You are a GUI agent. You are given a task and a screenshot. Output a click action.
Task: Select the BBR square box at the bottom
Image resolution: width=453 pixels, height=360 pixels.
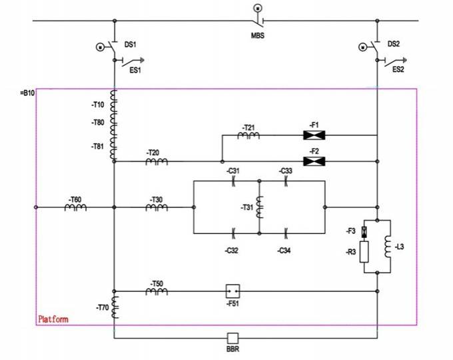click(x=232, y=338)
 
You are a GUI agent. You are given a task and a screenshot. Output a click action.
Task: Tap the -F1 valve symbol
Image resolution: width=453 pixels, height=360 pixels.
click(x=313, y=135)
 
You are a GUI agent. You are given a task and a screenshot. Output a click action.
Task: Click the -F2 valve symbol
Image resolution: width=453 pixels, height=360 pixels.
click(x=313, y=161)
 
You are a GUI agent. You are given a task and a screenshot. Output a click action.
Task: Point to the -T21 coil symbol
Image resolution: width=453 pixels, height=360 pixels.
click(x=248, y=136)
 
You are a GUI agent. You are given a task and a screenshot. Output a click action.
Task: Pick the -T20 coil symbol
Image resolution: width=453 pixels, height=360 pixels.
click(x=157, y=161)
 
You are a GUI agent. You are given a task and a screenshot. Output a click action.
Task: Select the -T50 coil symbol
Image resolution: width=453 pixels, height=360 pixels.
click(x=157, y=291)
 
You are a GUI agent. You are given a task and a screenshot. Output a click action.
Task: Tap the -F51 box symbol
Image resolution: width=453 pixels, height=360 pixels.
click(x=232, y=291)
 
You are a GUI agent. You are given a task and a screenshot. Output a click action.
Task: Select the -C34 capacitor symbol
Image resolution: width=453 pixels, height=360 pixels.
click(x=285, y=233)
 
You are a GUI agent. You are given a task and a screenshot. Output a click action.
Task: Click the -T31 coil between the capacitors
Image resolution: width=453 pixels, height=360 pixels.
click(x=260, y=207)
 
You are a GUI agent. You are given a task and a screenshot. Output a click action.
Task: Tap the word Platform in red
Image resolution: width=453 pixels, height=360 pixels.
click(x=53, y=319)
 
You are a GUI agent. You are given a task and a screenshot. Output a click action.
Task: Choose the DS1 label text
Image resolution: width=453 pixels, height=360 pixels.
click(x=131, y=45)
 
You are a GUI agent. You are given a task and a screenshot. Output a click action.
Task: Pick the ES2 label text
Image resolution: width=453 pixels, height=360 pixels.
click(x=398, y=69)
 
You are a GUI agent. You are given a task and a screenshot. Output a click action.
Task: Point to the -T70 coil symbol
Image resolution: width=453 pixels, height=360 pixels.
click(x=115, y=307)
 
